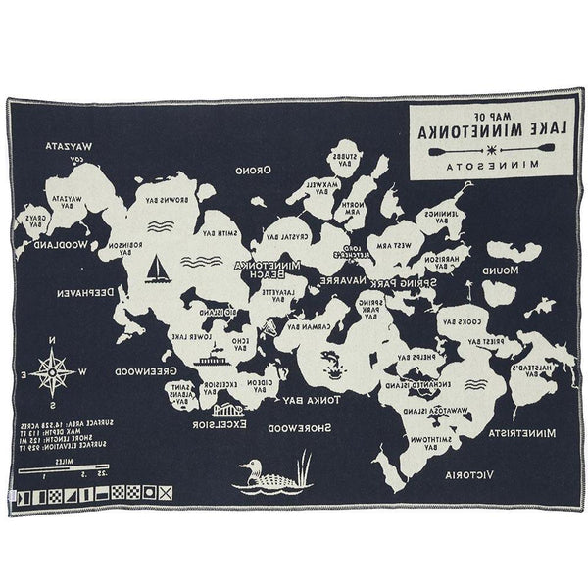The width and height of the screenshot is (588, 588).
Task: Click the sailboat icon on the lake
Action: (157, 267)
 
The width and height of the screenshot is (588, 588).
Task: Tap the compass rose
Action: (52, 371)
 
